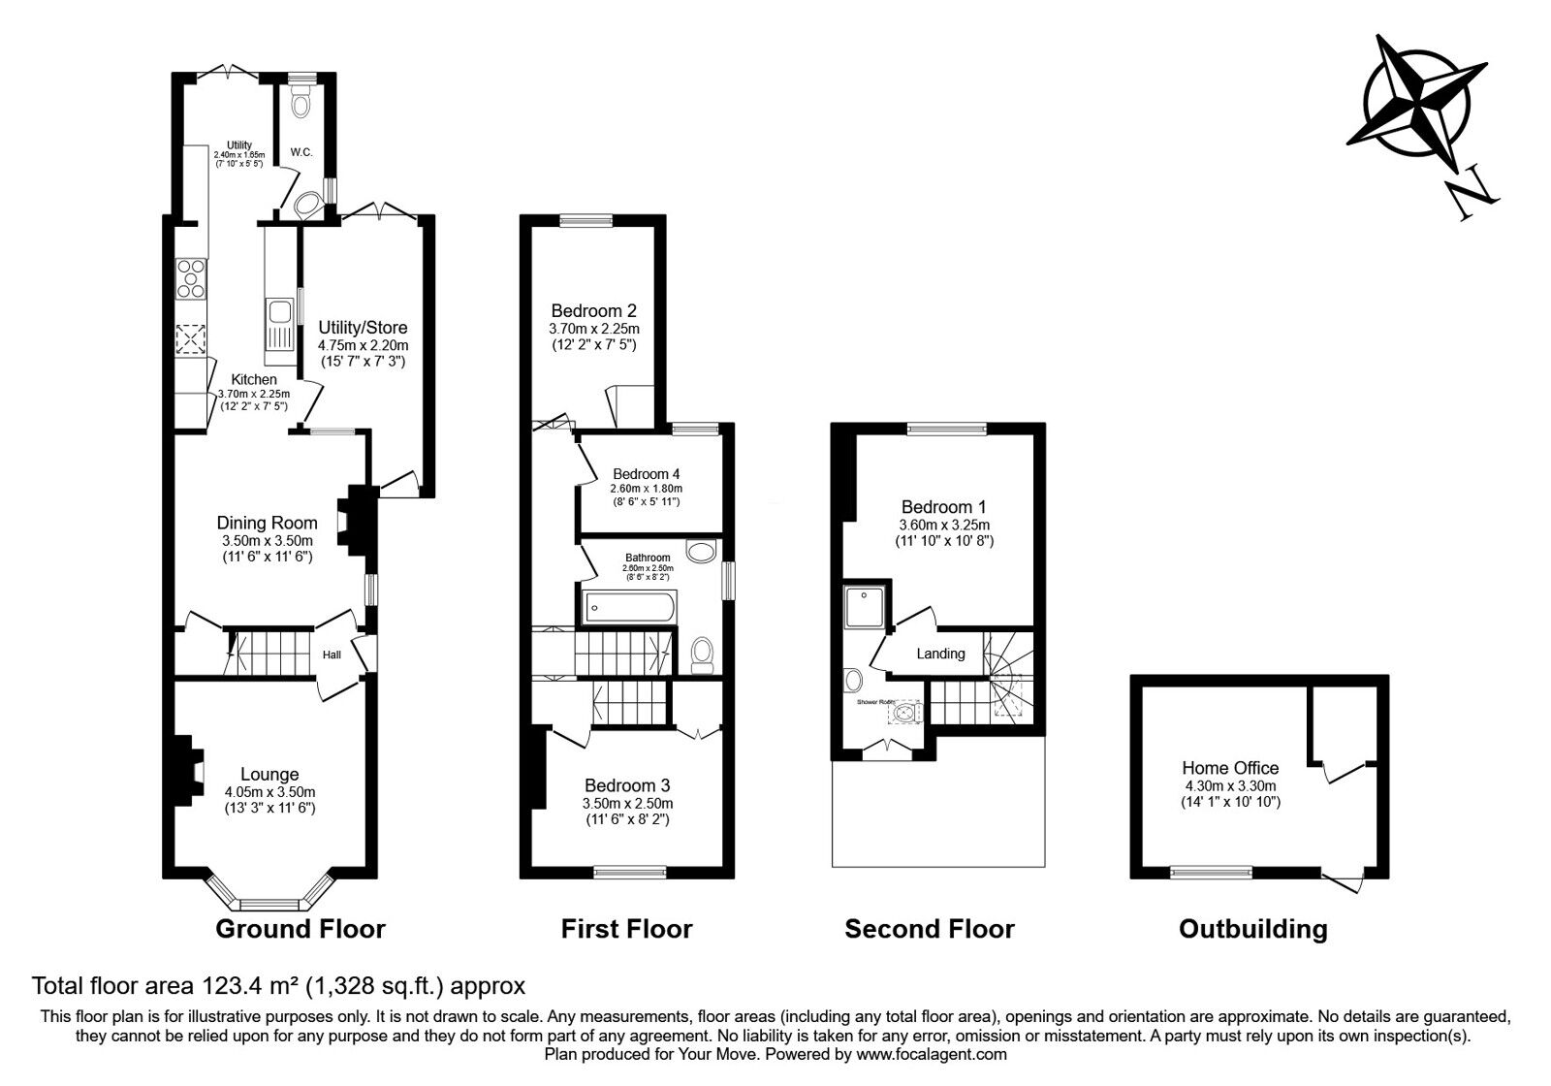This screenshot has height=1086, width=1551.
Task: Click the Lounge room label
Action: pyautogui.click(x=269, y=774)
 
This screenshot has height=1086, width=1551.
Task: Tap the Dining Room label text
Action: pyautogui.click(x=267, y=523)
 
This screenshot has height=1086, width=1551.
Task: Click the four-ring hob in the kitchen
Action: pyautogui.click(x=191, y=278)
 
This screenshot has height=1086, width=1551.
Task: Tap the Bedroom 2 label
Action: pyautogui.click(x=593, y=311)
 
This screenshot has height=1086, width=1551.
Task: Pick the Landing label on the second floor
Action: pyautogui.click(x=940, y=654)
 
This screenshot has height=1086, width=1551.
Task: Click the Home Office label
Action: pyautogui.click(x=1230, y=768)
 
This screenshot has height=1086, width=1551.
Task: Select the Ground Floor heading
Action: pyautogui.click(x=300, y=929)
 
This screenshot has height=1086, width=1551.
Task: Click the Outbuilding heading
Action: pyautogui.click(x=1252, y=929)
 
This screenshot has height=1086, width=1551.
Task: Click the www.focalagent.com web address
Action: pyautogui.click(x=932, y=1053)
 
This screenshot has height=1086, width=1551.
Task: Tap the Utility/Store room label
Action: pyautogui.click(x=363, y=328)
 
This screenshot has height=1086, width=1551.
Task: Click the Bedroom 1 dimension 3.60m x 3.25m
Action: pyautogui.click(x=943, y=525)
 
